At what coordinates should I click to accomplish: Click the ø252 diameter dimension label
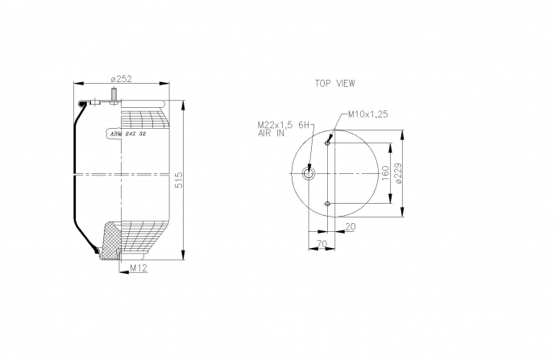click(121, 79)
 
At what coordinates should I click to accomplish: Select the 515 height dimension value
click(179, 180)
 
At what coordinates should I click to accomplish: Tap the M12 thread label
click(139, 268)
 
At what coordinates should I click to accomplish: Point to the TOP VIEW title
click(334, 83)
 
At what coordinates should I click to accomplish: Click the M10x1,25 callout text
click(367, 114)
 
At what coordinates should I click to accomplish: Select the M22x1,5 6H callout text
click(284, 125)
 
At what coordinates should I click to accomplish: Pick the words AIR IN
click(271, 133)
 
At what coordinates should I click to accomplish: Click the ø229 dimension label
click(399, 173)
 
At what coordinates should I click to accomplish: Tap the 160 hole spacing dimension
click(385, 173)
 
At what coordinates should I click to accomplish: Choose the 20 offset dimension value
click(350, 227)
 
